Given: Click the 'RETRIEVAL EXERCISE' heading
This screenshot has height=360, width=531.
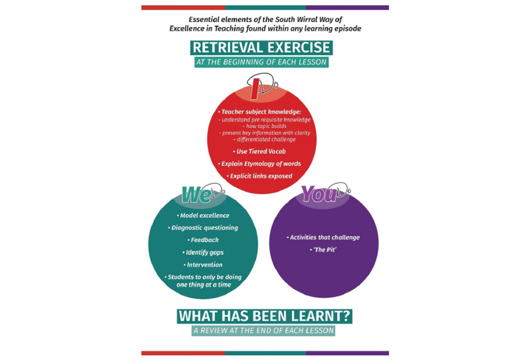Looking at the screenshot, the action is tap(261, 48).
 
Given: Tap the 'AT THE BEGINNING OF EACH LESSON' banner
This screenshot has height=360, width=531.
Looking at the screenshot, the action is tap(262, 62).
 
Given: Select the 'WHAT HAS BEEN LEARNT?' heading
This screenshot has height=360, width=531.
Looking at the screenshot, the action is tap(265, 316).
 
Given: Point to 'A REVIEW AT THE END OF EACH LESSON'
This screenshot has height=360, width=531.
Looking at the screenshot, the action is tap(263, 330).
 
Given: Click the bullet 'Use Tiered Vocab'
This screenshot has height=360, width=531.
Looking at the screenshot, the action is tap(259, 152).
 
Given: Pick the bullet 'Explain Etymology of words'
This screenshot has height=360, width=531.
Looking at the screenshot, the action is tap(259, 164).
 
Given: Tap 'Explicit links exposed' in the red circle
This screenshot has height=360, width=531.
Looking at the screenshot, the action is tap(259, 176).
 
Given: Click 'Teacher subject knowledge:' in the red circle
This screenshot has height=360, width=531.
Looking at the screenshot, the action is tap(259, 112).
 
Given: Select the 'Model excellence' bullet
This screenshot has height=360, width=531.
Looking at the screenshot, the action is tap(203, 215).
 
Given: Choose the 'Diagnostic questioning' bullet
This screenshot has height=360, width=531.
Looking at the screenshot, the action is tap(203, 227).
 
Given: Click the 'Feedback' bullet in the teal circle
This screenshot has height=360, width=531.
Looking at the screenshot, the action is tap(203, 240).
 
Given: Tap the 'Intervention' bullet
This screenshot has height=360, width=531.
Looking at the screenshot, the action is tap(203, 264).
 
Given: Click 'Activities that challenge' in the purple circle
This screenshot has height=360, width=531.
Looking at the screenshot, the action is tap(323, 238).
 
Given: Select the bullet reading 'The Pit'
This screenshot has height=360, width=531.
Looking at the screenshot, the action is tap(323, 250).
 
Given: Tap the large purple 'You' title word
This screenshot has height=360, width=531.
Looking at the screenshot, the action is tap(319, 194).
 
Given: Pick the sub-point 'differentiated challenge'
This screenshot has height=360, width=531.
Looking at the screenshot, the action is tap(265, 139).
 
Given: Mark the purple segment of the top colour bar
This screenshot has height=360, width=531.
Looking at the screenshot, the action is tap(347, 7).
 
